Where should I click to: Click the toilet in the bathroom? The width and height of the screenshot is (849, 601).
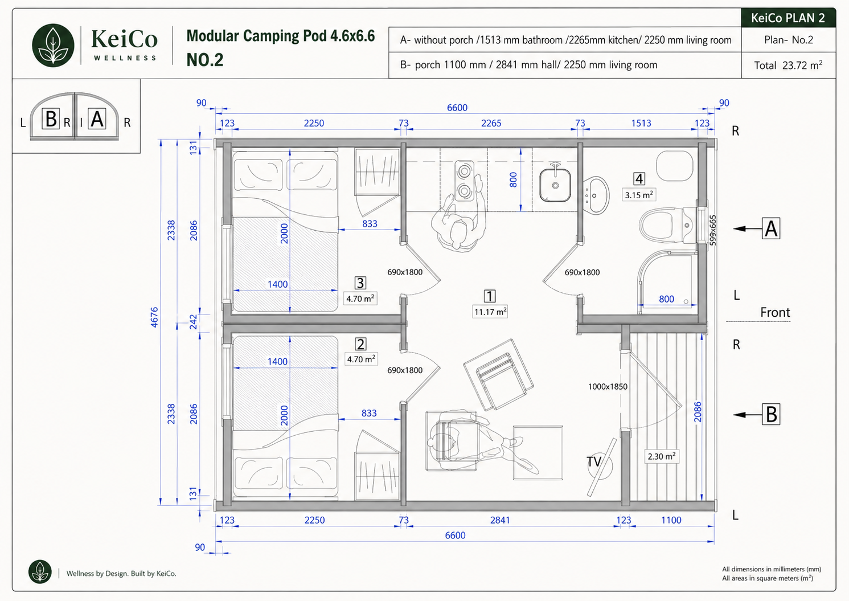point(668,225)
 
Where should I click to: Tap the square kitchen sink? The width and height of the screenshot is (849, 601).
point(555,185)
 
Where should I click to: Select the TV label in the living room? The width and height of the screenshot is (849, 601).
point(594,461)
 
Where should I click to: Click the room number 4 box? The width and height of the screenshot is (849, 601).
point(639,179)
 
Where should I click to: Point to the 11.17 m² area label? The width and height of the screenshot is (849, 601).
point(490,312)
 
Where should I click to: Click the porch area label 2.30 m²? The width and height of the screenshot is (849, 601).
point(662,456)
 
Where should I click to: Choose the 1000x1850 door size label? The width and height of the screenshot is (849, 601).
point(608,386)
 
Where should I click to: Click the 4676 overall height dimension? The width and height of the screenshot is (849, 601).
point(154,317)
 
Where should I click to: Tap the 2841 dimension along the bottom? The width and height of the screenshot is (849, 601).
point(500,520)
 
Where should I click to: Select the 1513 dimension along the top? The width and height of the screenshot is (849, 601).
point(641,123)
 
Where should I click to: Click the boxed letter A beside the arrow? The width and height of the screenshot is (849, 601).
point(771,228)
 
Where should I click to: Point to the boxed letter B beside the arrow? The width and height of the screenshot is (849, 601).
point(771,414)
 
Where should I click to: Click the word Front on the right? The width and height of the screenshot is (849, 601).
point(775,312)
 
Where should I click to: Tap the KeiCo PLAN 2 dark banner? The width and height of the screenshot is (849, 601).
point(788,18)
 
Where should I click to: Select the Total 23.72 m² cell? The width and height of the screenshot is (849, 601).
point(788,65)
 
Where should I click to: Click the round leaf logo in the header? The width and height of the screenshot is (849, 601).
point(53,46)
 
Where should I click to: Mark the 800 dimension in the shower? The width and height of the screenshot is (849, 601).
point(666,299)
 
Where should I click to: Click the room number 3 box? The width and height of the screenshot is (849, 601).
point(360,283)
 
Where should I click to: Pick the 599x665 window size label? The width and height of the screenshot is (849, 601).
point(712,230)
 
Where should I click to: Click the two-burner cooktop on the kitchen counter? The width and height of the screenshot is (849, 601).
point(465,181)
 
